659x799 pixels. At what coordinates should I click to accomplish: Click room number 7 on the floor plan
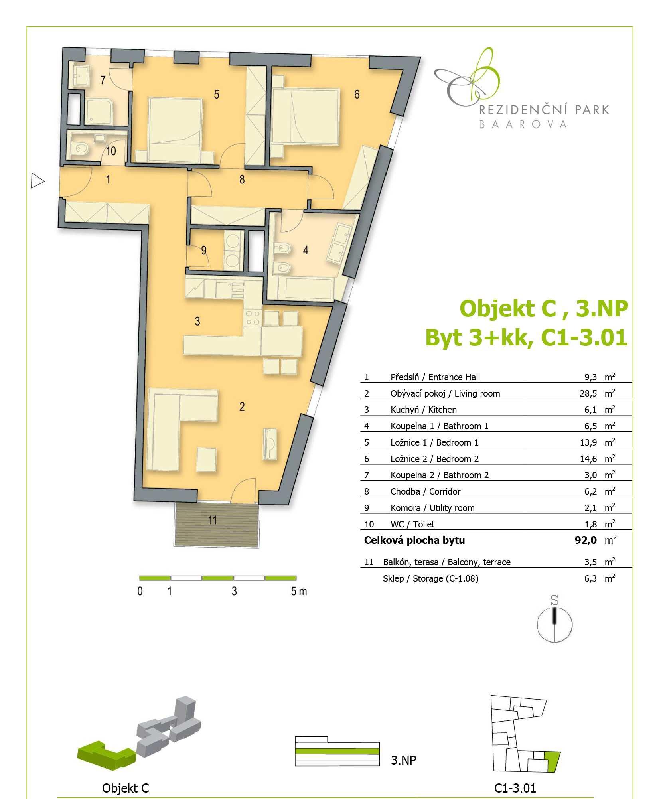[103, 80]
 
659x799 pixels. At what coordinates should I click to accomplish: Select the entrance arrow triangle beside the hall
[37, 181]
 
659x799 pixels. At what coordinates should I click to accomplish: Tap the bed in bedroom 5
[175, 129]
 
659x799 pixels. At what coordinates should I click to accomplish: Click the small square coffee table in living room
[207, 460]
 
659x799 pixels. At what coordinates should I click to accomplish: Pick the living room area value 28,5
[588, 393]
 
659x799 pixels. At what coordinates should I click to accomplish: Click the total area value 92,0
[586, 540]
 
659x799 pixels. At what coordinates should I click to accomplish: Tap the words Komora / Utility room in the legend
[432, 508]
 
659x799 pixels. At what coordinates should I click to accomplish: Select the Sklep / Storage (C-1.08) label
[430, 578]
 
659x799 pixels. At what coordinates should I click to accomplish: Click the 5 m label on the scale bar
[299, 591]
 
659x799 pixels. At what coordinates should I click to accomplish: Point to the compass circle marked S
[554, 625]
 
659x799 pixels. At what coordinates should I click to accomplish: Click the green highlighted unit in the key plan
[552, 761]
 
